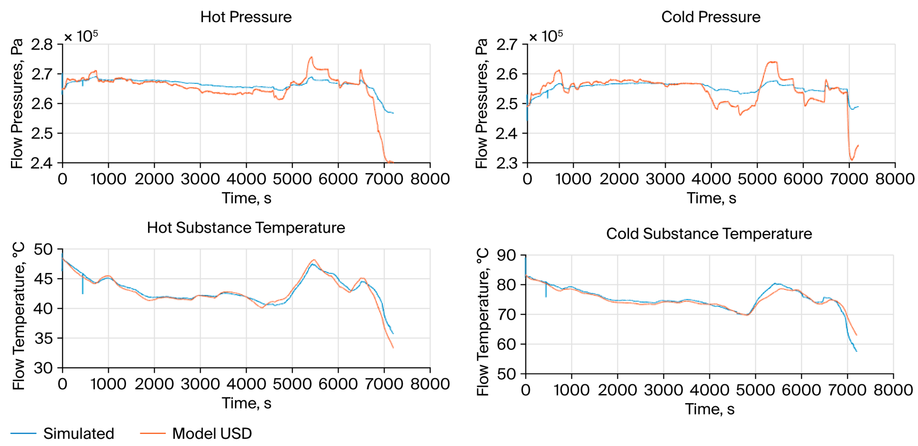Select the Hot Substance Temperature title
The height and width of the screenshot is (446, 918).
click(246, 228)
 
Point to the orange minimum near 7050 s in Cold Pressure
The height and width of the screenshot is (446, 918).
click(852, 160)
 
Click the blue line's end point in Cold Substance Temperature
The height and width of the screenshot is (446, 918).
click(856, 351)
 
